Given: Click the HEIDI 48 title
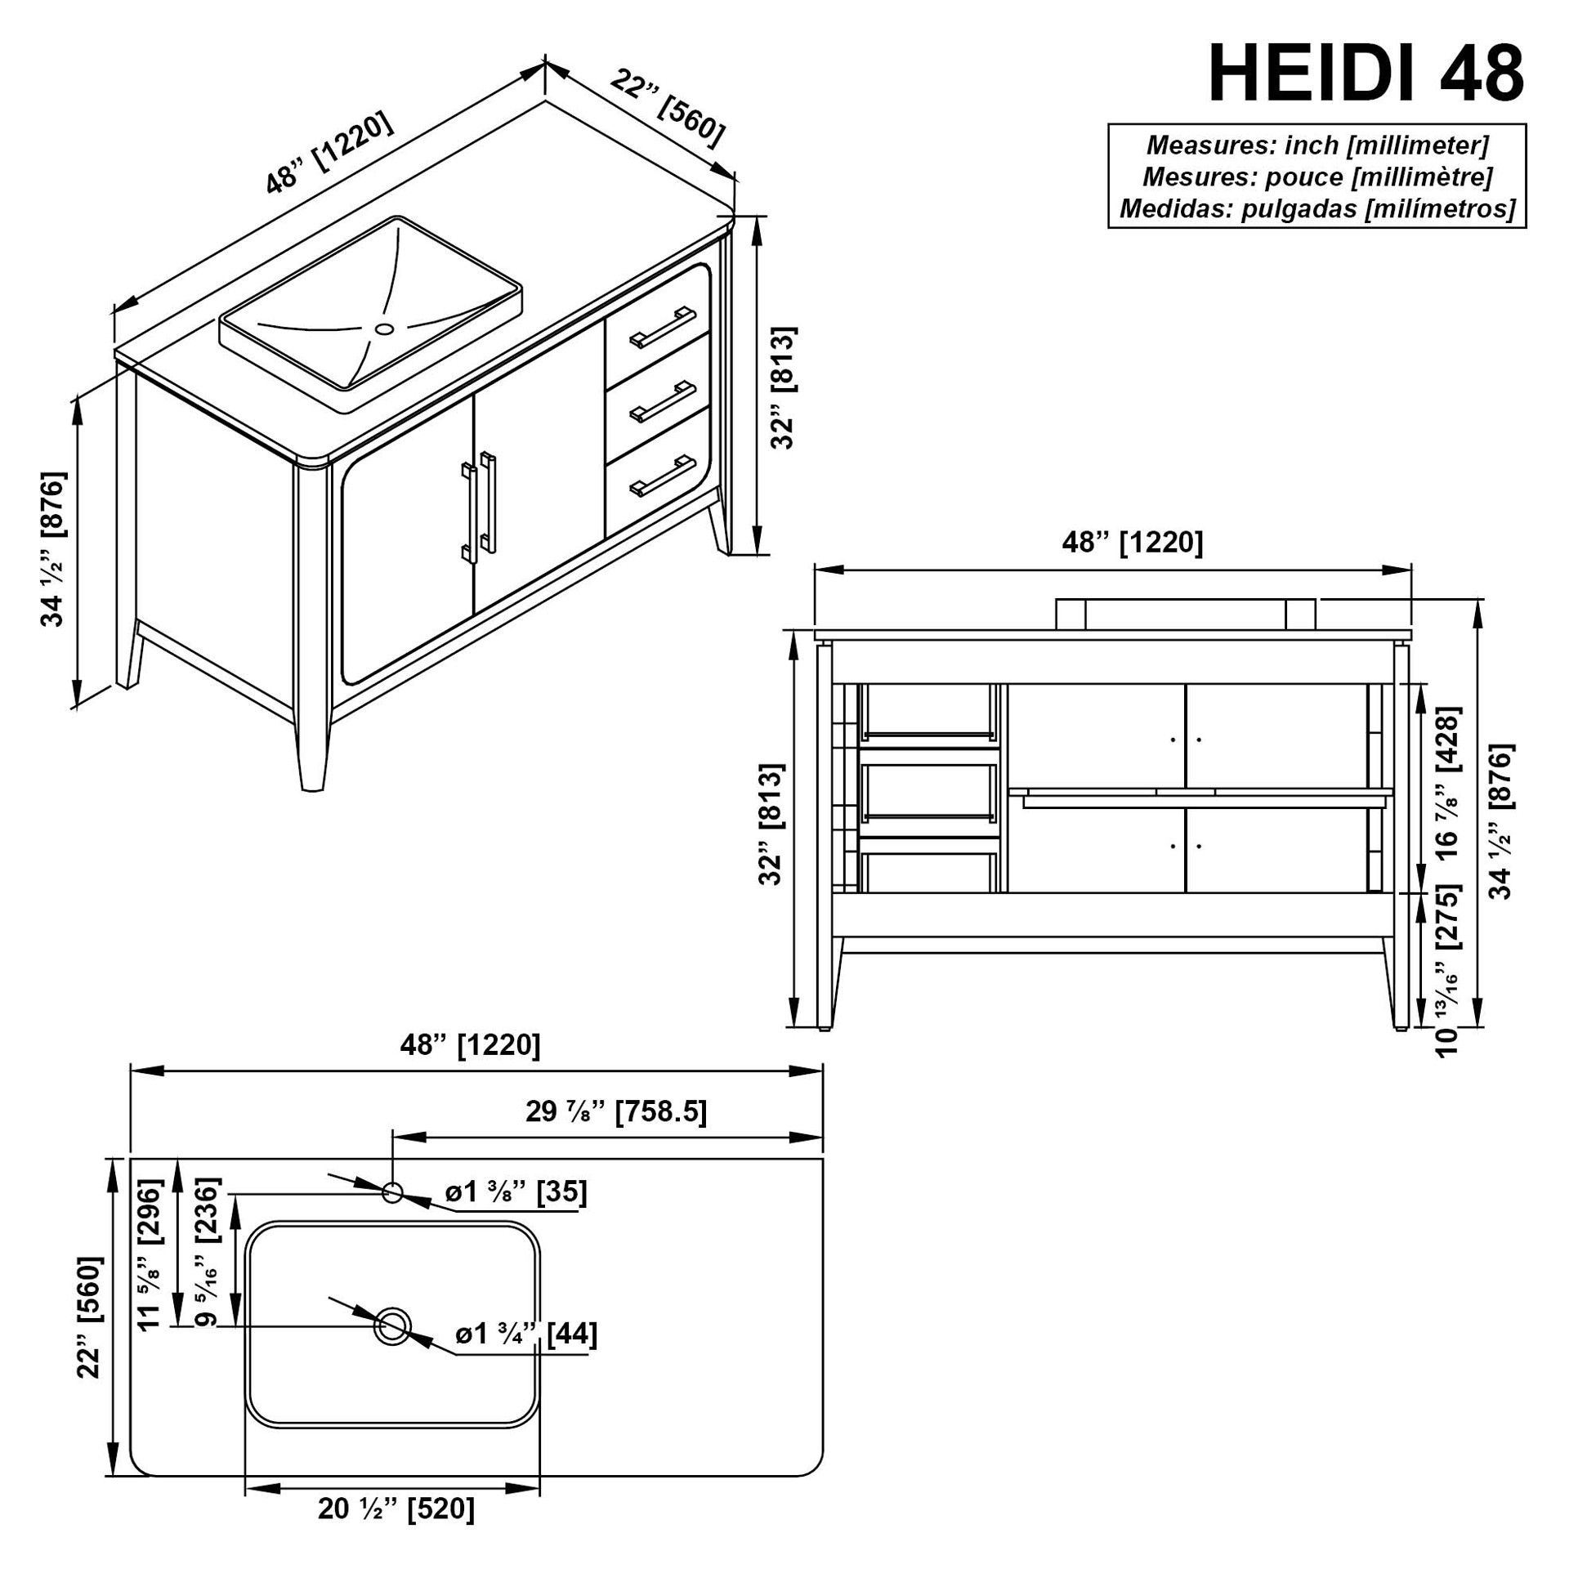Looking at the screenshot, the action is [1366, 74].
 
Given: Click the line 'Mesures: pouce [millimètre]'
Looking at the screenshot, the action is [1317, 177].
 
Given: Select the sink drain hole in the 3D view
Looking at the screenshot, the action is [384, 329].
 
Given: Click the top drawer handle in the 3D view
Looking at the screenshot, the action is [662, 326].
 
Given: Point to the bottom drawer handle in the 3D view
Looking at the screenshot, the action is [662, 476].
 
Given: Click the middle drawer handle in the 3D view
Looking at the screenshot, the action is [662, 401].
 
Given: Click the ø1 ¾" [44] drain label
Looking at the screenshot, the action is [526, 1334].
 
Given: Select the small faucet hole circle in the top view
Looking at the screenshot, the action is [392, 1191].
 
